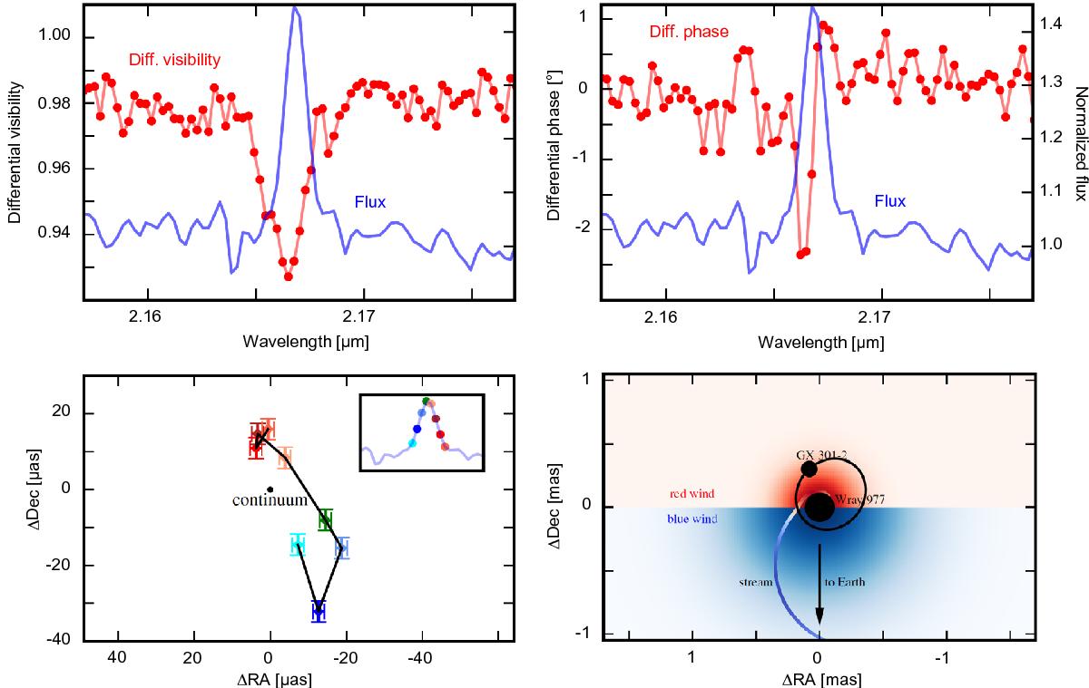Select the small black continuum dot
pos(270,489)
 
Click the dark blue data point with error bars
pos(318,611)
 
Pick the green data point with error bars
pos(325,519)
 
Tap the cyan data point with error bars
pos(298,545)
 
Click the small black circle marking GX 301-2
pos(809,469)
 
